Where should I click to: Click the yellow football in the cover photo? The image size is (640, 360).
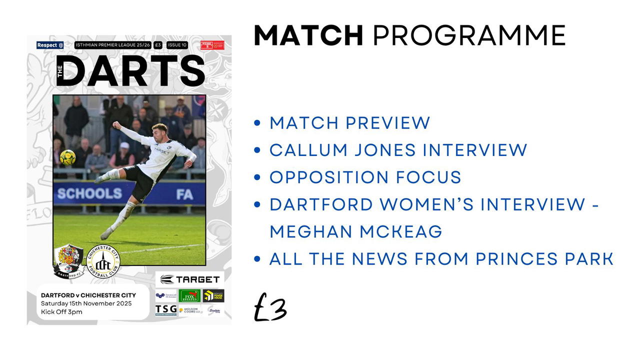coord(67,157)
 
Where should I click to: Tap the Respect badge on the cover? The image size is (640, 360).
coord(50,45)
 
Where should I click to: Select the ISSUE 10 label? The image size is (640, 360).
coord(177,45)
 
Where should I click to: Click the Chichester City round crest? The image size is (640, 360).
coord(103,261)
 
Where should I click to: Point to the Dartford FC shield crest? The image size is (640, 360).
coord(68,260)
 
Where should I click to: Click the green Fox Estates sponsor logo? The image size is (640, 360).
coord(189,295)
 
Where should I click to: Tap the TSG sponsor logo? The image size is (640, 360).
coord(165,309)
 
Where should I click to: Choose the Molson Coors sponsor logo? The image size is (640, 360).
coord(190,310)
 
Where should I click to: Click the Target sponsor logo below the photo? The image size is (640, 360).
coord(190,279)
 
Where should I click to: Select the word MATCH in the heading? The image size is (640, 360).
coord(308,35)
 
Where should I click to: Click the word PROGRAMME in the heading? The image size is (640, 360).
coord(469,35)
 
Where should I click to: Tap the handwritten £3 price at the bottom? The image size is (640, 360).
coord(270,308)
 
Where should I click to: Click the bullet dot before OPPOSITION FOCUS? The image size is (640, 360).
coord(257,177)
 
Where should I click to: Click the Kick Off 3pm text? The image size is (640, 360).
coord(61,312)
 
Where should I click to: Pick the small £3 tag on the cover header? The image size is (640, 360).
coord(158,45)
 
